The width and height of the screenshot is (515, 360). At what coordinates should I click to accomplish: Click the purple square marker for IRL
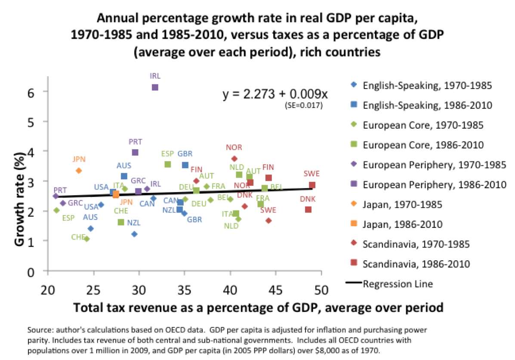point(155,87)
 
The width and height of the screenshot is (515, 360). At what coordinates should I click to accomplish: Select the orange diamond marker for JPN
point(79,170)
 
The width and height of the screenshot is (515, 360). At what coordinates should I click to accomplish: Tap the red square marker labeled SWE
point(312,185)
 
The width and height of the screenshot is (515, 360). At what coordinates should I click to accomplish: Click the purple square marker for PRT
point(135,152)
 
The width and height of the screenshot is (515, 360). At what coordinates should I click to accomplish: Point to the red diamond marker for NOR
point(234,159)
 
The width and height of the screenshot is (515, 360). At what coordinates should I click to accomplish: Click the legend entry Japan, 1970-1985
point(402,204)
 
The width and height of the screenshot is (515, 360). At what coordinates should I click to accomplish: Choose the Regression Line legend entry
point(398,283)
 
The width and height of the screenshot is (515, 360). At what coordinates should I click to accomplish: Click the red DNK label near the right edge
point(308,199)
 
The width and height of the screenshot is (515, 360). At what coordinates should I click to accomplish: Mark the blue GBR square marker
point(185,165)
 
